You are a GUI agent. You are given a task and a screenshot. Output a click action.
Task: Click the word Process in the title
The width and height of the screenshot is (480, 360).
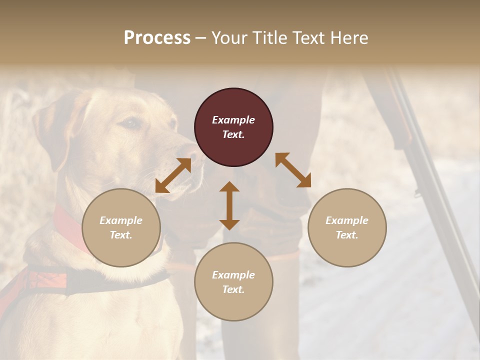tap(157, 38)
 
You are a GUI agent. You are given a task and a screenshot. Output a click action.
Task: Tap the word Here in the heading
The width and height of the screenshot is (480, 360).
tap(349, 38)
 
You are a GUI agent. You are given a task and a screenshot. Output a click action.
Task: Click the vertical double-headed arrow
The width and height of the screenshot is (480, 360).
tap(229, 205)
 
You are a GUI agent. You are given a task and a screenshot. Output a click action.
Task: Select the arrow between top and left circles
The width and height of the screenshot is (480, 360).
tap(173, 175)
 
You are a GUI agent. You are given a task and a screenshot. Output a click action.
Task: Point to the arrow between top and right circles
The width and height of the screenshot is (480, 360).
tap(293, 170)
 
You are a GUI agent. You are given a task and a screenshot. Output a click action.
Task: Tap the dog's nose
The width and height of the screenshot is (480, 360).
tap(189, 150)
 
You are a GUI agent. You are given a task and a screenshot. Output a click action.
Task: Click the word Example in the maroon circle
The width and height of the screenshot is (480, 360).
tap(233, 120)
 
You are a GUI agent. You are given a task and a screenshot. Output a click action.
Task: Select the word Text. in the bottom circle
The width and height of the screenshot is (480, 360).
tap(233, 289)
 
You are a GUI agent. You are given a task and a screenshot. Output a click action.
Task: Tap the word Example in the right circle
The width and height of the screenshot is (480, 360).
tap(347, 220)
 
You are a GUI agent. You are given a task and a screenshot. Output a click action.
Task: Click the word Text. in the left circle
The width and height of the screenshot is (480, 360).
tap(121, 235)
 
